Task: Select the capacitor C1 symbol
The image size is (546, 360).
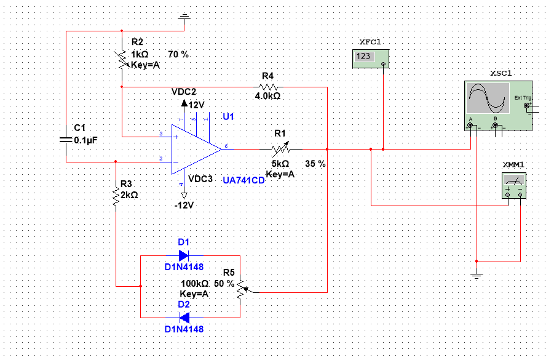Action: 66,139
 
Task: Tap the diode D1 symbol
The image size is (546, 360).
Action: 183,255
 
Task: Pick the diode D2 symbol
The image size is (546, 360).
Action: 183,318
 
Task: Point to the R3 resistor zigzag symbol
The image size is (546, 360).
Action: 116,195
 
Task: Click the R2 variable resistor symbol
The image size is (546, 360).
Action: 122,58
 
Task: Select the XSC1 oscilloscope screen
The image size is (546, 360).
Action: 488,98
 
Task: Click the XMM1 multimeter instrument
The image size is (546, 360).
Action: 514,185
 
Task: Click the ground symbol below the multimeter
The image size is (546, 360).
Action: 477,274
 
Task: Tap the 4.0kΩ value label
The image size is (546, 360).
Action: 267,96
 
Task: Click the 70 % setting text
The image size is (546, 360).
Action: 178,55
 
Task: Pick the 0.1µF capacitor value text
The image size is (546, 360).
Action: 85,140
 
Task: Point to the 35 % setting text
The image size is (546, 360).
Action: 315,164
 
